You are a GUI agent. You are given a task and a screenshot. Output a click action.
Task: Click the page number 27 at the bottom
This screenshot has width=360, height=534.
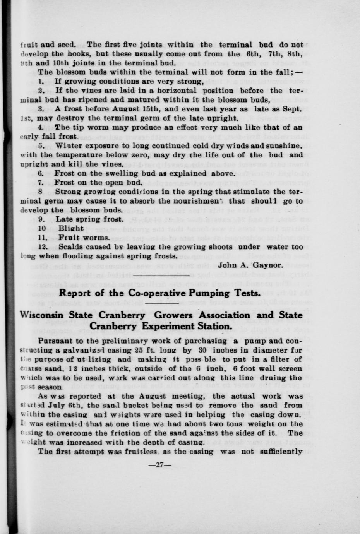pyautogui.click(x=159, y=465)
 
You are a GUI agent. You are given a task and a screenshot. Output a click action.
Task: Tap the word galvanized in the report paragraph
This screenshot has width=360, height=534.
pyautogui.click(x=77, y=350)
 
